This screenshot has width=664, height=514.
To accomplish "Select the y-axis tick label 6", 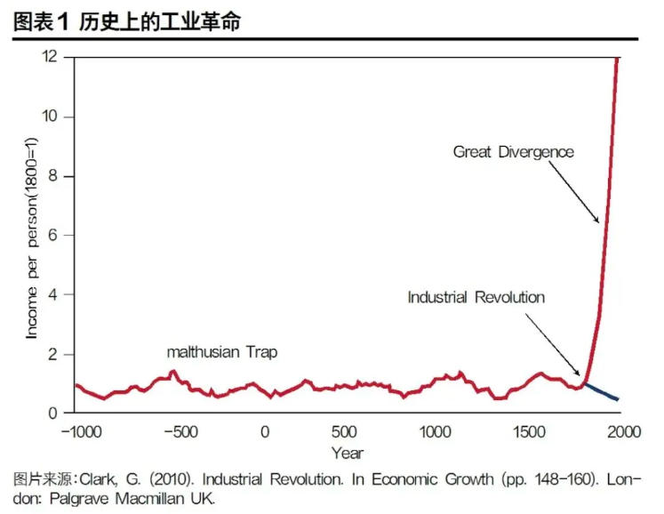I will click(54, 235).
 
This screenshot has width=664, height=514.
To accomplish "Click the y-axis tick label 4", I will click(54, 294).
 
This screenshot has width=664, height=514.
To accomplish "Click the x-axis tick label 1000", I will click(435, 432).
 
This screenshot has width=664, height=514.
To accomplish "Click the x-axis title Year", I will click(348, 452).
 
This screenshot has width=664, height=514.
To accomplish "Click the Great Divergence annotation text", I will click(514, 152).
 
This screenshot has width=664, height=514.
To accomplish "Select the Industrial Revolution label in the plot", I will click(476, 297).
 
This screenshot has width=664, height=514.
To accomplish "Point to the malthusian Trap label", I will click(222, 352).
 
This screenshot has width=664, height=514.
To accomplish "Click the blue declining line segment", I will click(604, 391).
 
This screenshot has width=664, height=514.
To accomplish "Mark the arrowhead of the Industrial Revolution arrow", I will click(579, 375).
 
